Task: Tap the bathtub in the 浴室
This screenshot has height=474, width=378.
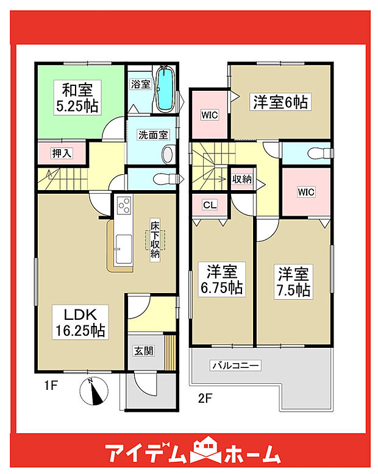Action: (x=164, y=90)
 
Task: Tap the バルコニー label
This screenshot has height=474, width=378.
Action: (x=235, y=366)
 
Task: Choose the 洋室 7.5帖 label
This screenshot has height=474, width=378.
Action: (x=294, y=281)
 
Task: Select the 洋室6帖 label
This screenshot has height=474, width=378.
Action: (x=280, y=103)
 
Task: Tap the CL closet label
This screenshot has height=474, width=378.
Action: (x=209, y=205)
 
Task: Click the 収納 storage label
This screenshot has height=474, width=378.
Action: (x=242, y=179)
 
